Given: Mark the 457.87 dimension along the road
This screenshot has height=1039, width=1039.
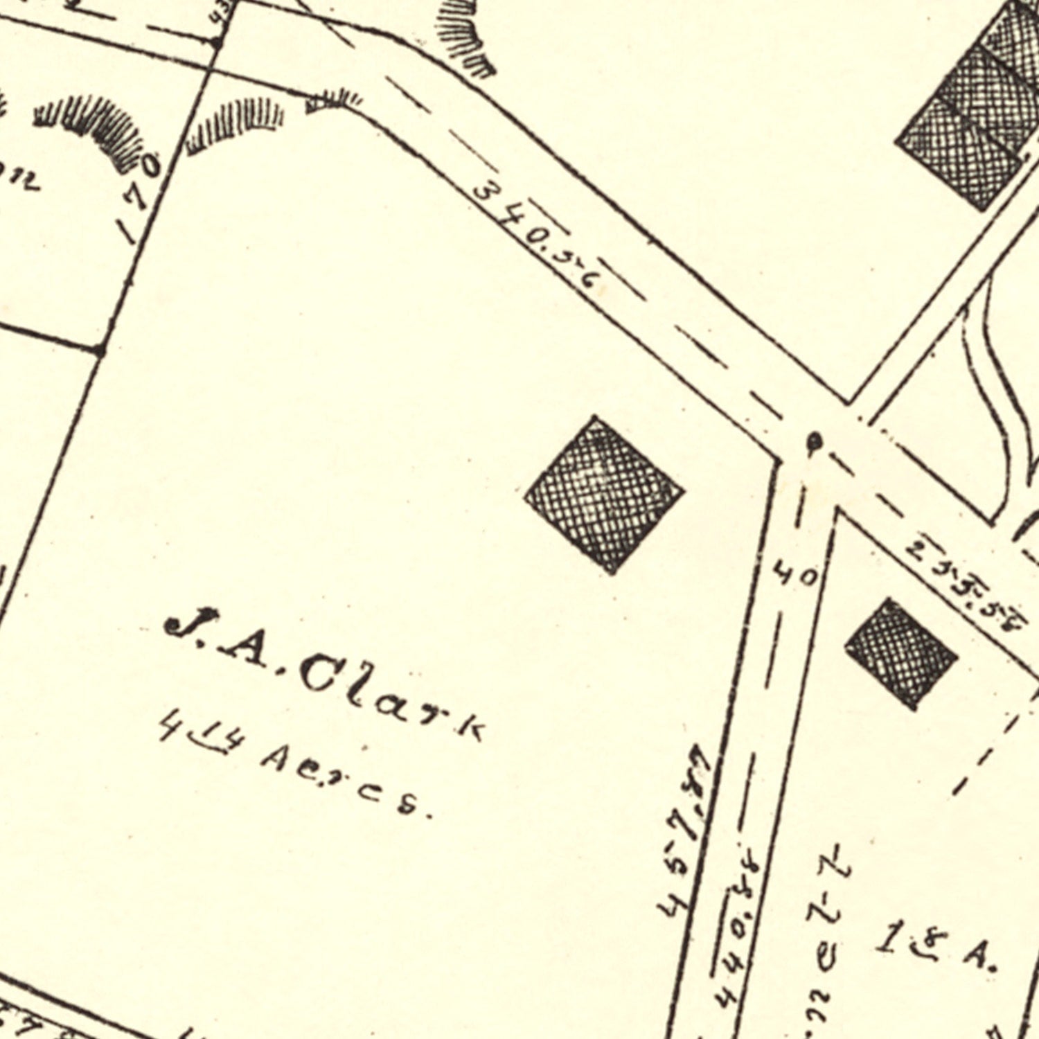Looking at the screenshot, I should (686, 831).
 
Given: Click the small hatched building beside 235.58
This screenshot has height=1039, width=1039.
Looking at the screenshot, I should (900, 653).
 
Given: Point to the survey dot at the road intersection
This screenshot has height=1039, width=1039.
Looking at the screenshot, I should (815, 440).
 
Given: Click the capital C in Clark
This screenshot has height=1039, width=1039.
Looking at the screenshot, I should (322, 675).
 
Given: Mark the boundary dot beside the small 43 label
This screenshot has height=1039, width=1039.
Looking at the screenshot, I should (217, 43).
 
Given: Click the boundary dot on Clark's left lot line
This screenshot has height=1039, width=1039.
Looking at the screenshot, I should (100, 350).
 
